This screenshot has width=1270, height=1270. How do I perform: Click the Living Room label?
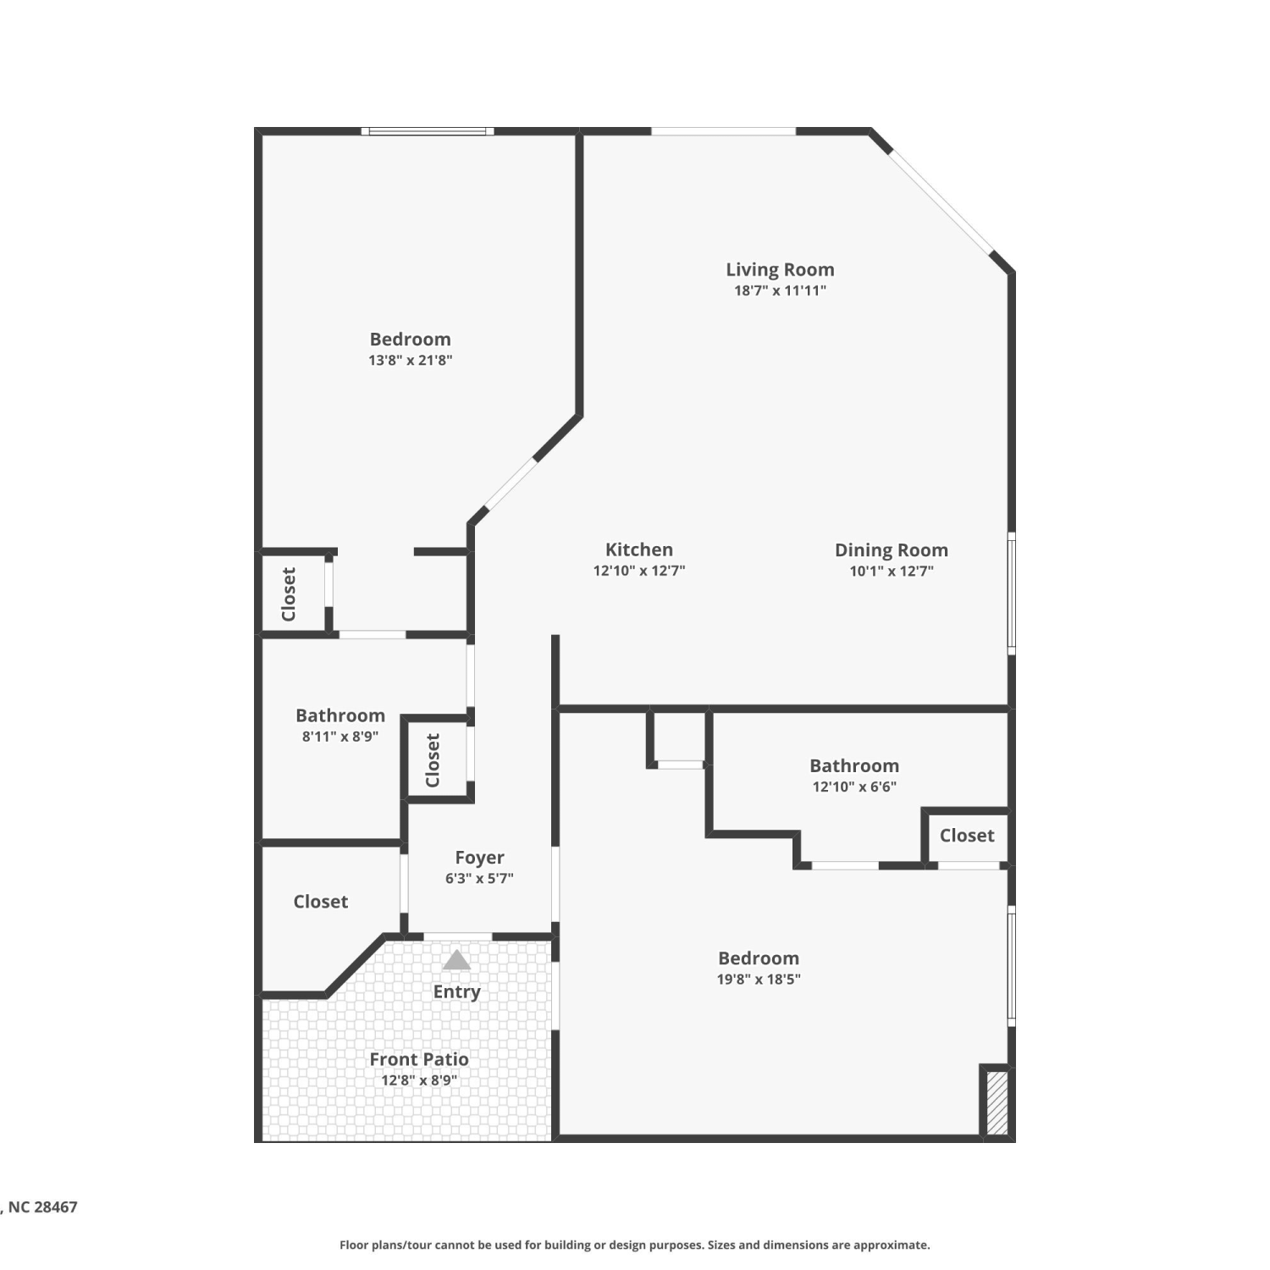coord(780,269)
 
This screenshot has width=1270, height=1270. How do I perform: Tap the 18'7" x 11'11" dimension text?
coord(780,290)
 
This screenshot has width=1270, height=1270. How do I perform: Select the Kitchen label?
coord(639,549)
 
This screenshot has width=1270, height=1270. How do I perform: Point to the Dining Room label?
coord(892,550)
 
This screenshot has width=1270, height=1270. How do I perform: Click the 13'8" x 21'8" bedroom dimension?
coord(411,360)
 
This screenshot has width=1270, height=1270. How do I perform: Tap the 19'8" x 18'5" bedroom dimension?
coord(759,980)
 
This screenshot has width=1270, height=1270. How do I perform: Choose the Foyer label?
coord(479,858)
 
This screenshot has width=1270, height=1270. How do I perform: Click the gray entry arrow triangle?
coord(456,959)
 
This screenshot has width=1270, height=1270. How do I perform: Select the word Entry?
coord(456,991)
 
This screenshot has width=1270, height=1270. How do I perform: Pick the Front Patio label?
coord(419,1059)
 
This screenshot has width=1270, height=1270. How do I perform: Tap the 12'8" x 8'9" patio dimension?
coord(419,1080)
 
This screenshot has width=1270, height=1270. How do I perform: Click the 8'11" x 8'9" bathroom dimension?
coord(340,737)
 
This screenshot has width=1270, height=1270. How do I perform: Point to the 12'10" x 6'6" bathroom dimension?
coord(854,787)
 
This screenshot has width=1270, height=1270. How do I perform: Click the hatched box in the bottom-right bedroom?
coord(997,1103)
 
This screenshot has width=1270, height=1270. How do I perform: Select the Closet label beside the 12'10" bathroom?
coord(967,836)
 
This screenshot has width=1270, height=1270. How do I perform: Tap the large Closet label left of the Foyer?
coord(321,902)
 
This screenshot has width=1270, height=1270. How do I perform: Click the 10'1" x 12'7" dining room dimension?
coord(892,571)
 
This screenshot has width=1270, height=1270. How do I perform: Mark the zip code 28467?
coord(56,1207)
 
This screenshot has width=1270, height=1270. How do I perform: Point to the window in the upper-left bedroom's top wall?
coord(428,131)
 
